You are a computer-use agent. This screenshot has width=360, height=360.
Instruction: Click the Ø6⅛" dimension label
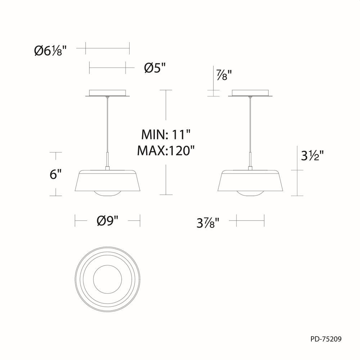(51, 51)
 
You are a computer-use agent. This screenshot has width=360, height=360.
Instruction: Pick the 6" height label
(54, 174)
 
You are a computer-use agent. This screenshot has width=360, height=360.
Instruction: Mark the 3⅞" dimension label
(208, 223)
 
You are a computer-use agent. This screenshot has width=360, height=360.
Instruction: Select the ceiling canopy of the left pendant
(107, 93)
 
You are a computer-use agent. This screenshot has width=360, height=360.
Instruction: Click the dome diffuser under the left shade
(107, 193)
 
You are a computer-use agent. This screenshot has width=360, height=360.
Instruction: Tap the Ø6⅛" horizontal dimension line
(107, 47)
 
